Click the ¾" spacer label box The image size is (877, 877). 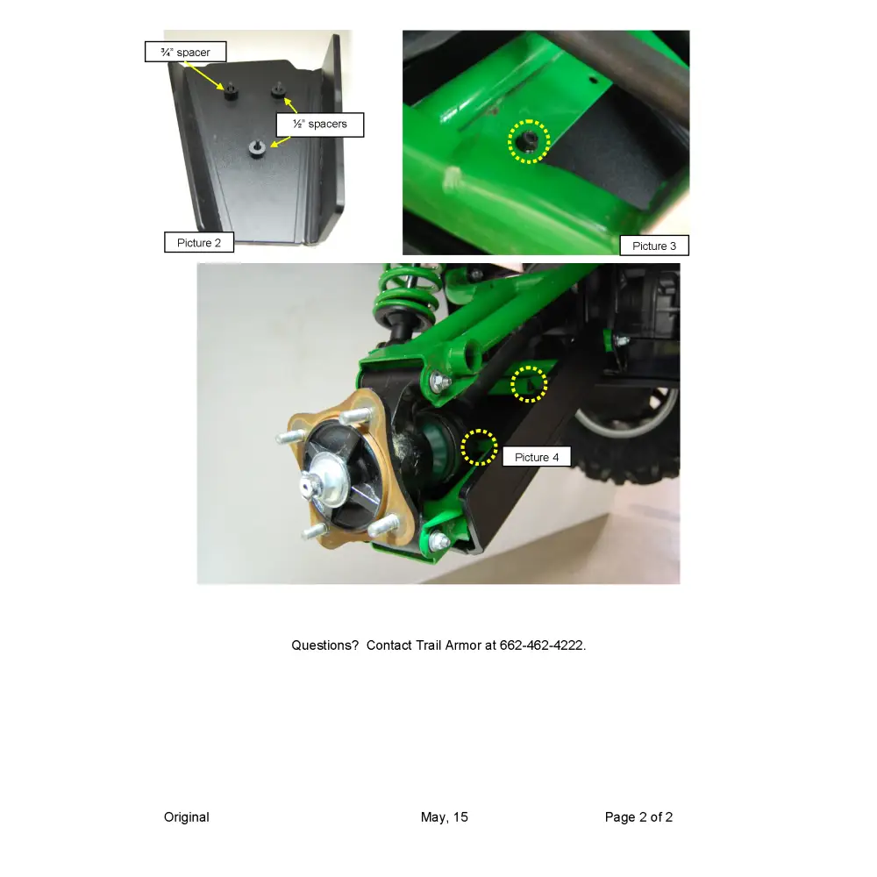[x=186, y=52]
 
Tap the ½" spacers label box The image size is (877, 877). [x=320, y=125]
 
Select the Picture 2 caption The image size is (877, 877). [x=199, y=243]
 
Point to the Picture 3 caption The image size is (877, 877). [x=654, y=246]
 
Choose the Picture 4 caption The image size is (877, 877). [x=537, y=457]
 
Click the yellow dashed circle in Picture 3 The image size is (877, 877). [x=529, y=141]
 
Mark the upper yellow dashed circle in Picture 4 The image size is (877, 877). [x=529, y=384]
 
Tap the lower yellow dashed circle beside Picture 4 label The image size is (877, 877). [x=480, y=447]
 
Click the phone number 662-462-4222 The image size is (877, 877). [x=541, y=645]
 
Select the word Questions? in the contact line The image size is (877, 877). [x=325, y=645]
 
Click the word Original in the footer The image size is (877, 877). [x=187, y=817]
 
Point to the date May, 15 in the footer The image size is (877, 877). [x=444, y=817]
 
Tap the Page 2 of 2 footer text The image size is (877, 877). [x=638, y=817]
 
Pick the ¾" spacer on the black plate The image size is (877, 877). [x=231, y=91]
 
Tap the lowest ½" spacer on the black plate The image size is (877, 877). [x=257, y=149]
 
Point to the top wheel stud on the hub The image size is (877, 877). [x=356, y=416]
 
